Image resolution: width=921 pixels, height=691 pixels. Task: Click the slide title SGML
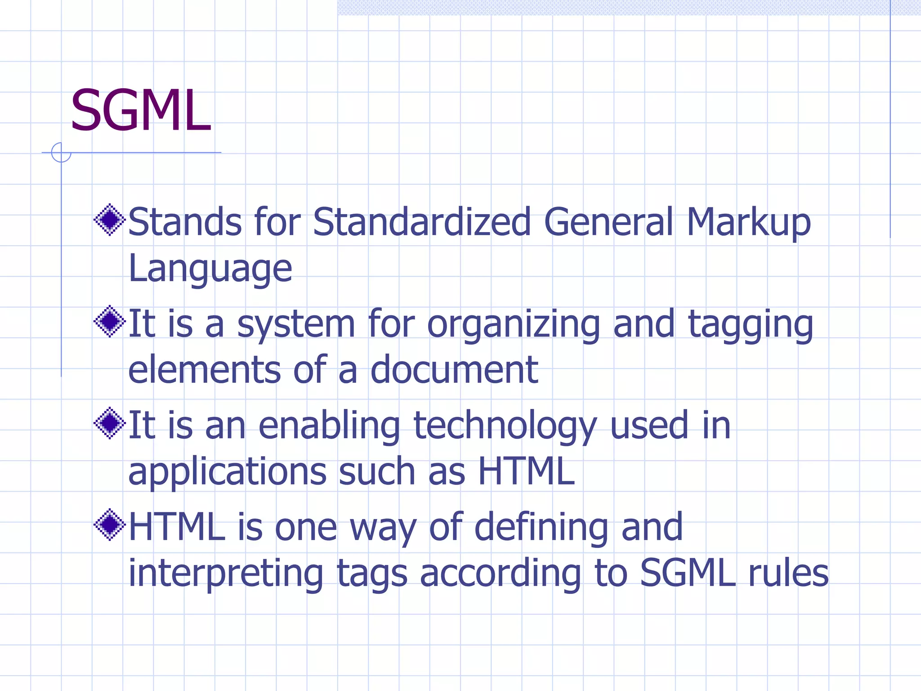(141, 111)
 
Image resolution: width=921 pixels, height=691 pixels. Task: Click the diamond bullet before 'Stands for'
(109, 220)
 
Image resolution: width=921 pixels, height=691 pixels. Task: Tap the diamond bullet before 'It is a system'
(109, 321)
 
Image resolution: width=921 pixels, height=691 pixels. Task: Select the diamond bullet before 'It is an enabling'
(109, 423)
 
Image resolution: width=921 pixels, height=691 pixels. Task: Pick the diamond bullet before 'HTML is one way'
(109, 525)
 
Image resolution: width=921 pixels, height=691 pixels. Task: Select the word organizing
(513, 325)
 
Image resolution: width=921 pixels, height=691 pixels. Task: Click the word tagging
(751, 325)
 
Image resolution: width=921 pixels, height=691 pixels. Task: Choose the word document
(454, 369)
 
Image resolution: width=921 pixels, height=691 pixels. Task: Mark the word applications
(227, 473)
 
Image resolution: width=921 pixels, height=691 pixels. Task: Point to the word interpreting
(226, 574)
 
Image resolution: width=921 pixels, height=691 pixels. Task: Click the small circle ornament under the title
(61, 153)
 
